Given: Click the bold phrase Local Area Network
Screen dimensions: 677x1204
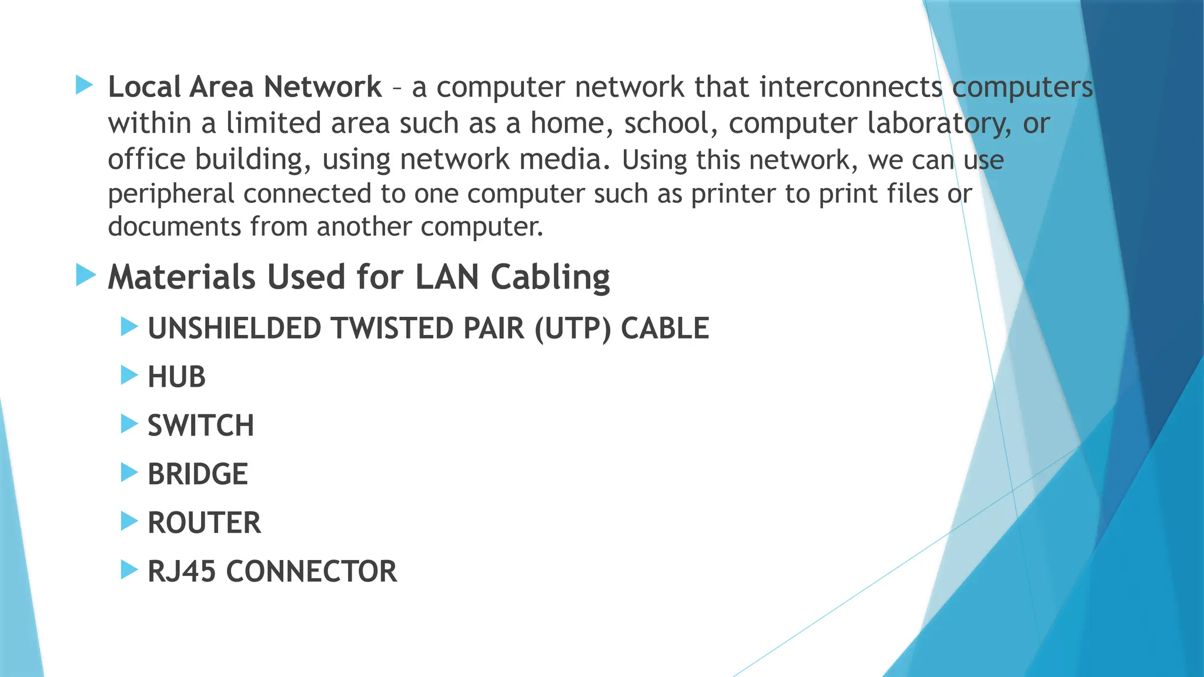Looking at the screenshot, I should point(245,87).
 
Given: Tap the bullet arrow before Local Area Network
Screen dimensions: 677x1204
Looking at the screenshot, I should point(85,85).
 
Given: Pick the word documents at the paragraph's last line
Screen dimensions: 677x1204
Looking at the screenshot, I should point(174,227).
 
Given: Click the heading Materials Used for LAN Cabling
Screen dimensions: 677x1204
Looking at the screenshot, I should point(359,277).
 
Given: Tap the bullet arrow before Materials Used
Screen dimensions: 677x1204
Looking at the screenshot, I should point(86,275).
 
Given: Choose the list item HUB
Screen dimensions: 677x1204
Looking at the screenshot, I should point(176,377).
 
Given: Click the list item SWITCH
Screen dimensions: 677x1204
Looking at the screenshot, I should point(200,425).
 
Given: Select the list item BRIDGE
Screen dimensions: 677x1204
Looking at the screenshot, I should point(198,474).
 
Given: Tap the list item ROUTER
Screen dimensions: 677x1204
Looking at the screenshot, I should point(204,523).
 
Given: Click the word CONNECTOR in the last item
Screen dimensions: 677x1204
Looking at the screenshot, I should point(311,571).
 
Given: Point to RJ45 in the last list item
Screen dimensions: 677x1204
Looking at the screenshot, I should point(182,571).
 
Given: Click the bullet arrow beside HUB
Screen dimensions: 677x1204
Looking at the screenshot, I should point(129,375).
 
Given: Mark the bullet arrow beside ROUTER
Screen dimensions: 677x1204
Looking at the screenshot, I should point(129,521).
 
